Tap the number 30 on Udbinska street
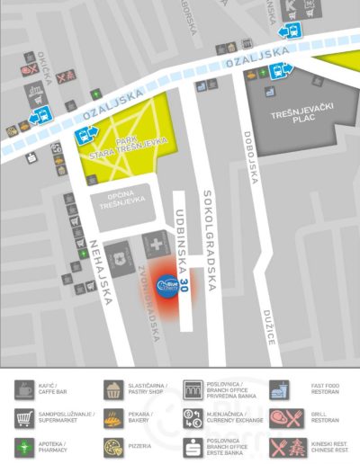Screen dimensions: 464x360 pyautogui.click(x=185, y=286)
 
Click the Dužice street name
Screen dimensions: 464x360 pyautogui.click(x=269, y=326)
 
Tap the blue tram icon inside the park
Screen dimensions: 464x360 pyautogui.click(x=82, y=138)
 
